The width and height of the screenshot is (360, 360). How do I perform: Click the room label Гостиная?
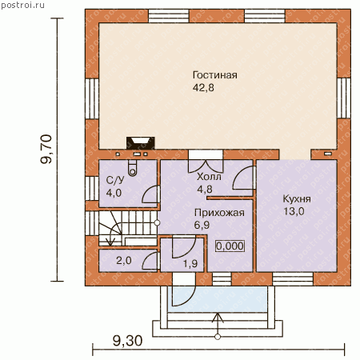pos(215,75)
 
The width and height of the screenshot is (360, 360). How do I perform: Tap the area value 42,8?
pos(203,88)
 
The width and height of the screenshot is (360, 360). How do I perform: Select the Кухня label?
pos(297,199)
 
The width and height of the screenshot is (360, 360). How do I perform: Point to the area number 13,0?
pos(294,211)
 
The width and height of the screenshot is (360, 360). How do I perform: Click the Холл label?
pos(209,177)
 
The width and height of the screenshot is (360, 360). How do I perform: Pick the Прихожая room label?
pos(219,213)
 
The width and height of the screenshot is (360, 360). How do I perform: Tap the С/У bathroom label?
pos(115,180)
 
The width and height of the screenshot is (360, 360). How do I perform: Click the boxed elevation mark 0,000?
pos(230,246)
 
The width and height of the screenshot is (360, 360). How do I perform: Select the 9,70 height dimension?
pos(46,149)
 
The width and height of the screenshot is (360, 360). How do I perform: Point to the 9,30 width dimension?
pos(127,341)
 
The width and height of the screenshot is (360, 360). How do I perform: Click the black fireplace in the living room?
pos(141,143)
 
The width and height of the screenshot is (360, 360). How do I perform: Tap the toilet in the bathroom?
pos(132,168)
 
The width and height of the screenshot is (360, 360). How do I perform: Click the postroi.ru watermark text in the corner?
pos(22,5)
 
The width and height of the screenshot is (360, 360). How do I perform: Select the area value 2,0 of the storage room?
pos(124,260)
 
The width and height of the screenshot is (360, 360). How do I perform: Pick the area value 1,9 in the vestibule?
pos(190,264)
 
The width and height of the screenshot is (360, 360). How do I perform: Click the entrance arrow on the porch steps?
pos(218,326)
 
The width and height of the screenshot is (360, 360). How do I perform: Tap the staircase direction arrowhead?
pos(110,242)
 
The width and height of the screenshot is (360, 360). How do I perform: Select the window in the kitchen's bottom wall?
pos(293,279)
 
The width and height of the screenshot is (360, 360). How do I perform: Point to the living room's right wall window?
pos(344,98)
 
